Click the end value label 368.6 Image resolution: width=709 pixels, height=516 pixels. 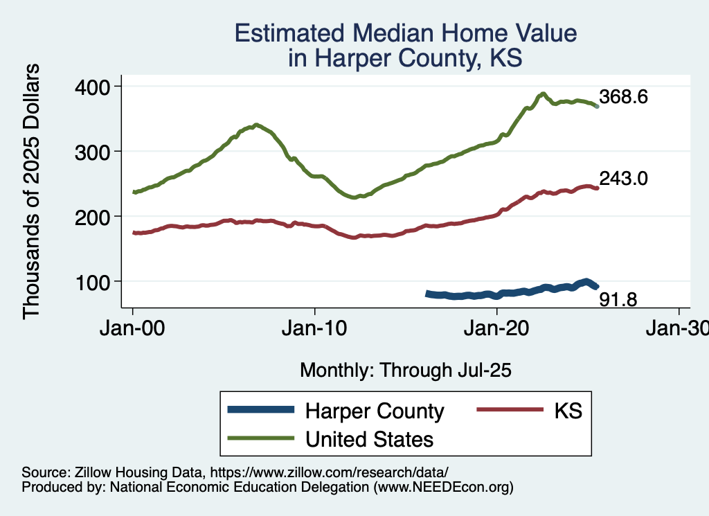623,98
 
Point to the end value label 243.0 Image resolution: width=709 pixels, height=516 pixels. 623,179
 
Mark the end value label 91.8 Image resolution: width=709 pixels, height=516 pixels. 618,299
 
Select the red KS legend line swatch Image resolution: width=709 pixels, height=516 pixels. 509,411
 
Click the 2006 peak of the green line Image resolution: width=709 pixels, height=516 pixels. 256,125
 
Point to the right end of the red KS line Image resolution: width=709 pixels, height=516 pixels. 597,188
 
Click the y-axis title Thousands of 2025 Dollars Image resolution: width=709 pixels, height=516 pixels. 32,190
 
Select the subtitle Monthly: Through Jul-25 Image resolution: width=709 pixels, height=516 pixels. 405,371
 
